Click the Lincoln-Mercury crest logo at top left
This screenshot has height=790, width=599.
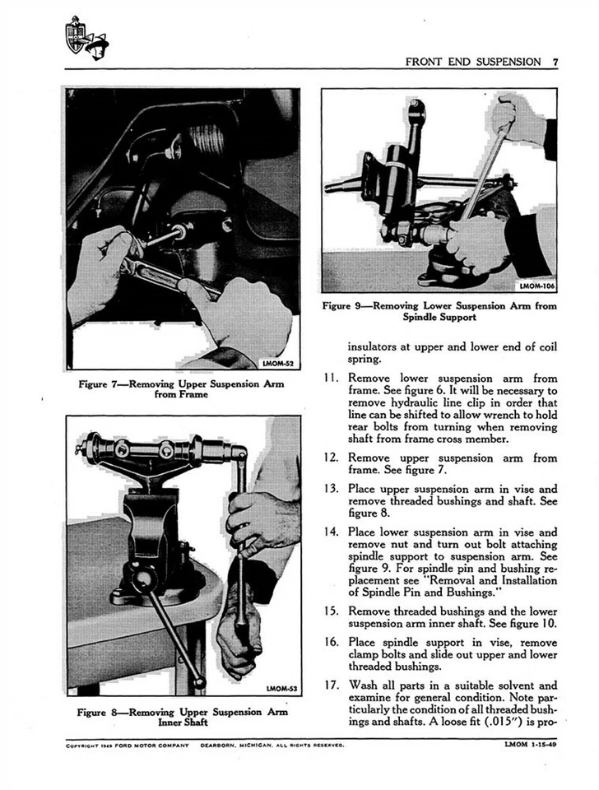[86, 38]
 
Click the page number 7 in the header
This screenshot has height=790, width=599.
[555, 62]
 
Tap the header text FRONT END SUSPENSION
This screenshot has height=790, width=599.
[473, 62]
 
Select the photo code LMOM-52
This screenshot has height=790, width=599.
[276, 362]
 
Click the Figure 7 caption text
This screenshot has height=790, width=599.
[182, 388]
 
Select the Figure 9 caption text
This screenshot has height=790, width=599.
[440, 310]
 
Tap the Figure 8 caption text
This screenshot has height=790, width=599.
[182, 717]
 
